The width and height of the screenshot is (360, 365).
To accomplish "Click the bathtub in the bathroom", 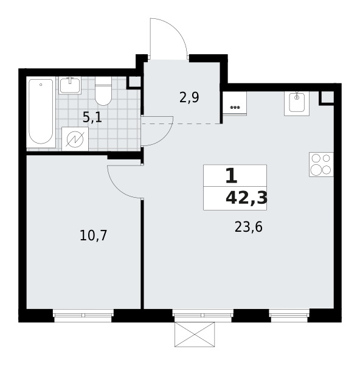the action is coord(41,113).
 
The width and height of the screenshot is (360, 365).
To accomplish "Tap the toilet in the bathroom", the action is coord(103,91).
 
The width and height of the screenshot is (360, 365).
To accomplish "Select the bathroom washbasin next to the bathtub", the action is coord(70,85).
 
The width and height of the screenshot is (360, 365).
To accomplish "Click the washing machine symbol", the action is coord(75,139).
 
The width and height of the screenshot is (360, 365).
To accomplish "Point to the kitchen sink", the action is coord(297,103).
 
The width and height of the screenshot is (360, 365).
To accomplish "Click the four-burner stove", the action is coord(321,164).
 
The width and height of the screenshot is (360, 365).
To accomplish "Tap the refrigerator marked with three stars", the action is coord(235,103).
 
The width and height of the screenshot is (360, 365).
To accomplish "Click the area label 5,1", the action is coord(92,117).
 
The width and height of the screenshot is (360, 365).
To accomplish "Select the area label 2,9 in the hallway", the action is coord(189,98).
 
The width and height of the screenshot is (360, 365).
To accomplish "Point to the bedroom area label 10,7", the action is coord(93,235).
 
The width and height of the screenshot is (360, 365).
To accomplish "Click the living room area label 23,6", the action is coord(249,227).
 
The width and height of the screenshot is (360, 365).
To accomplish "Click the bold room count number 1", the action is coord(231,176).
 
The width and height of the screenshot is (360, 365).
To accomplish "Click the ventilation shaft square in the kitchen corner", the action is coord(328,97).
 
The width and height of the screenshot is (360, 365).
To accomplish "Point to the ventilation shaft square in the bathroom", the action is coord(134,82).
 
